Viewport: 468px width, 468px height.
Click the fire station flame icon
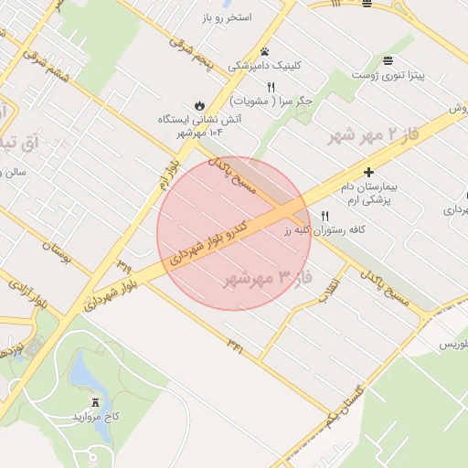(x=199, y=103)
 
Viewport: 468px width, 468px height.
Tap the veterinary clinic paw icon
(x=264, y=51)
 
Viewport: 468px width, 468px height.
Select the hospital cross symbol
(x=368, y=172)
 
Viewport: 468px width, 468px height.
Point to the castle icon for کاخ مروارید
(x=95, y=402)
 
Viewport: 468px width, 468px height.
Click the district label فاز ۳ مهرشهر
(x=269, y=277)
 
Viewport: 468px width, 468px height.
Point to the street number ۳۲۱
(x=236, y=345)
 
